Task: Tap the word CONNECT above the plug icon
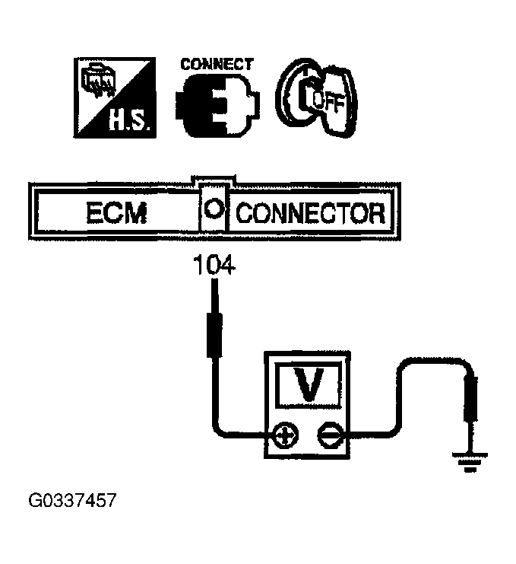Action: pos(217,65)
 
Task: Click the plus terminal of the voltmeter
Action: pos(286,435)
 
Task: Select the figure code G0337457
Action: pos(73,502)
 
